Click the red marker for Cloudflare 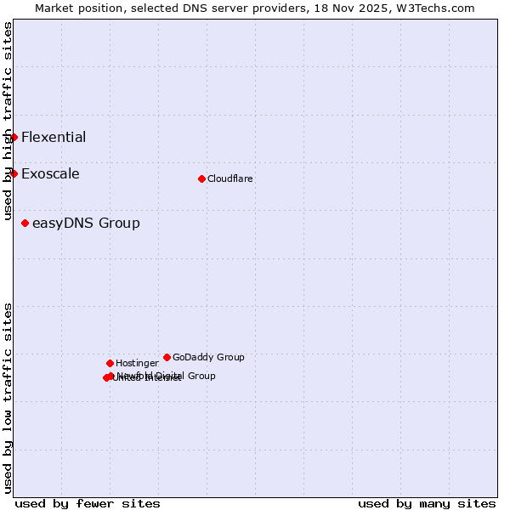pyautogui.click(x=201, y=178)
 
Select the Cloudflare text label pyautogui.click(x=229, y=179)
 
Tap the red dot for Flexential pyautogui.click(x=14, y=137)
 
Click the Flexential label pyautogui.click(x=54, y=138)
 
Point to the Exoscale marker pyautogui.click(x=14, y=173)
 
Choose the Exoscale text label pyautogui.click(x=50, y=174)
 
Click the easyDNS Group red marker pyautogui.click(x=25, y=223)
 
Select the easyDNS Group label pyautogui.click(x=86, y=224)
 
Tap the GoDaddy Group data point pyautogui.click(x=167, y=357)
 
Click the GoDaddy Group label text pyautogui.click(x=208, y=358)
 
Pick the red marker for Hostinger pyautogui.click(x=110, y=363)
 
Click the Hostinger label pyautogui.click(x=137, y=364)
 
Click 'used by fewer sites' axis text pyautogui.click(x=88, y=503)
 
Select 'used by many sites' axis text pyautogui.click(x=427, y=503)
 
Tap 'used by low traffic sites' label pyautogui.click(x=8, y=398)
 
